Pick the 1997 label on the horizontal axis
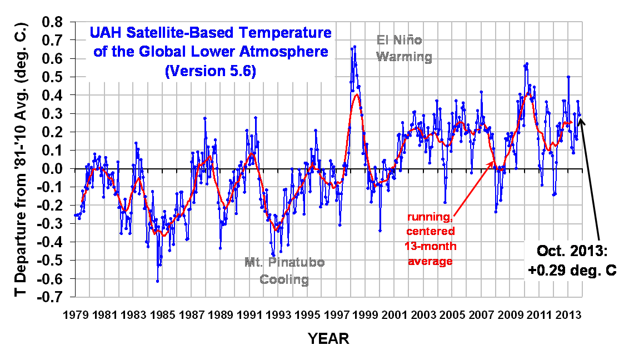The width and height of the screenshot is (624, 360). [337, 314]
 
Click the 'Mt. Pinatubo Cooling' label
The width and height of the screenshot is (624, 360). [284, 271]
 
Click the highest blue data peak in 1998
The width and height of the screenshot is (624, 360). [355, 47]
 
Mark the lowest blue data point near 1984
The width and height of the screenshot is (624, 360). [157, 281]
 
